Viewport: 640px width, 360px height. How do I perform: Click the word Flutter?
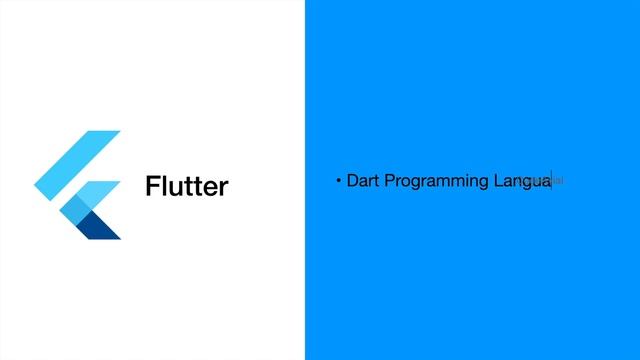(x=187, y=187)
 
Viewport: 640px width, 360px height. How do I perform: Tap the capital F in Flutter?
(x=152, y=187)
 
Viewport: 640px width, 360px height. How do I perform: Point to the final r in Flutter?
(x=224, y=189)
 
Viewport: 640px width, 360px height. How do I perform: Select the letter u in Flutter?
(x=173, y=189)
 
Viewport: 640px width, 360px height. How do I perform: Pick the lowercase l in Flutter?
(x=163, y=187)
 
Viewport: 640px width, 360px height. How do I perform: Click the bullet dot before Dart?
(x=339, y=181)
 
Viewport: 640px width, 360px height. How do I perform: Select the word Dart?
(x=363, y=181)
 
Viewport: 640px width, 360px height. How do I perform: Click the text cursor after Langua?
(x=552, y=182)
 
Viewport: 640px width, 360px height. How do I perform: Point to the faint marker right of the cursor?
(x=559, y=181)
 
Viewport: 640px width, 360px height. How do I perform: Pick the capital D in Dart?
(x=352, y=181)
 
